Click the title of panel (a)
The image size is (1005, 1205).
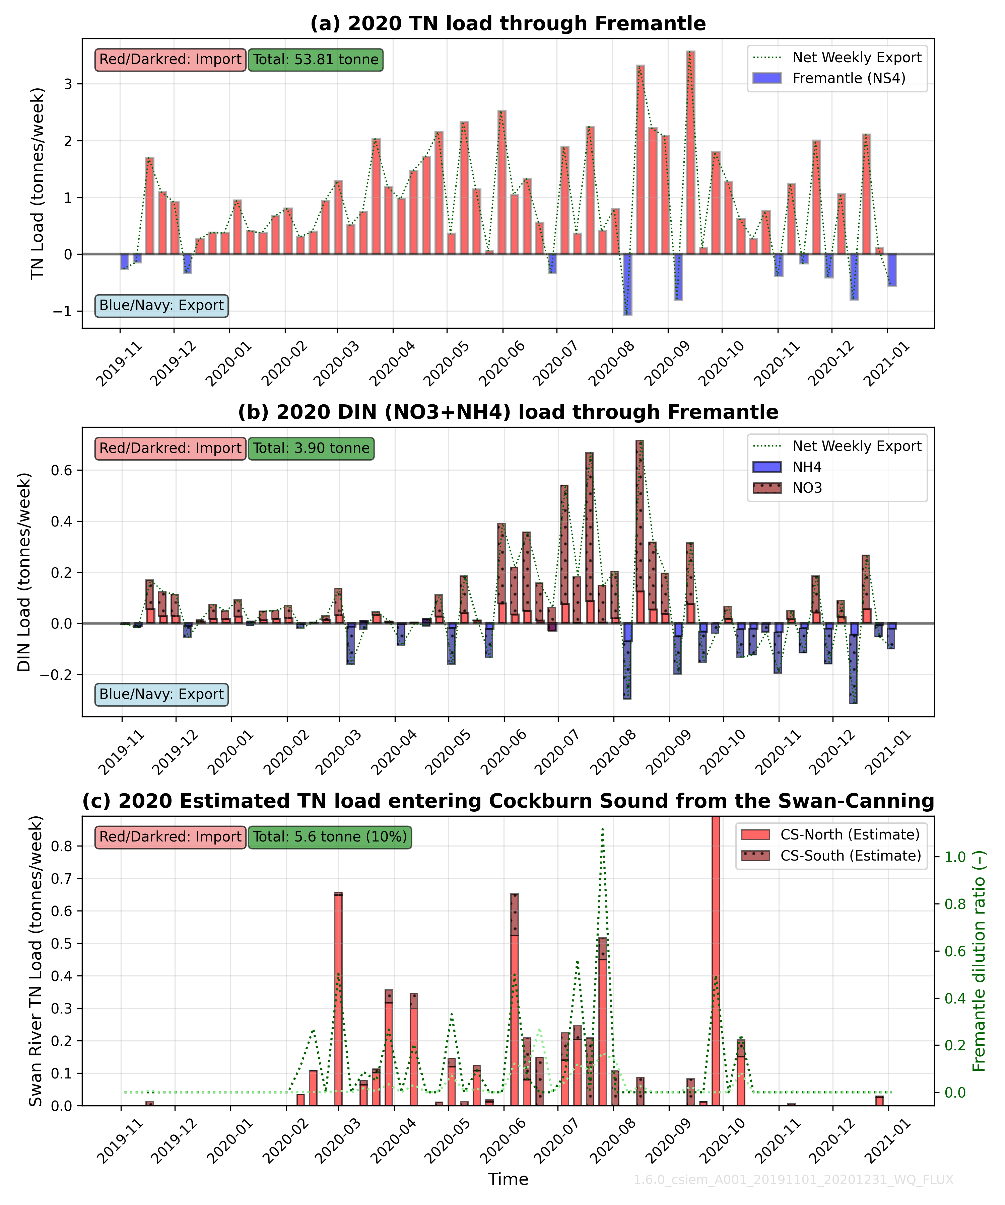click(x=508, y=23)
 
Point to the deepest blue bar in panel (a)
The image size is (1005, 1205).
click(x=628, y=284)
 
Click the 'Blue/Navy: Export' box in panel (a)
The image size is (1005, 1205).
click(x=161, y=305)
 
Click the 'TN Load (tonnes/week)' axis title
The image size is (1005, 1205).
click(x=38, y=184)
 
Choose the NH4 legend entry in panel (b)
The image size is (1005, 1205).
click(x=807, y=467)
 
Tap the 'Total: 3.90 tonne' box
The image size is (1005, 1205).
click(x=311, y=448)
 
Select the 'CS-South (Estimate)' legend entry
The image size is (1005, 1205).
click(x=850, y=856)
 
